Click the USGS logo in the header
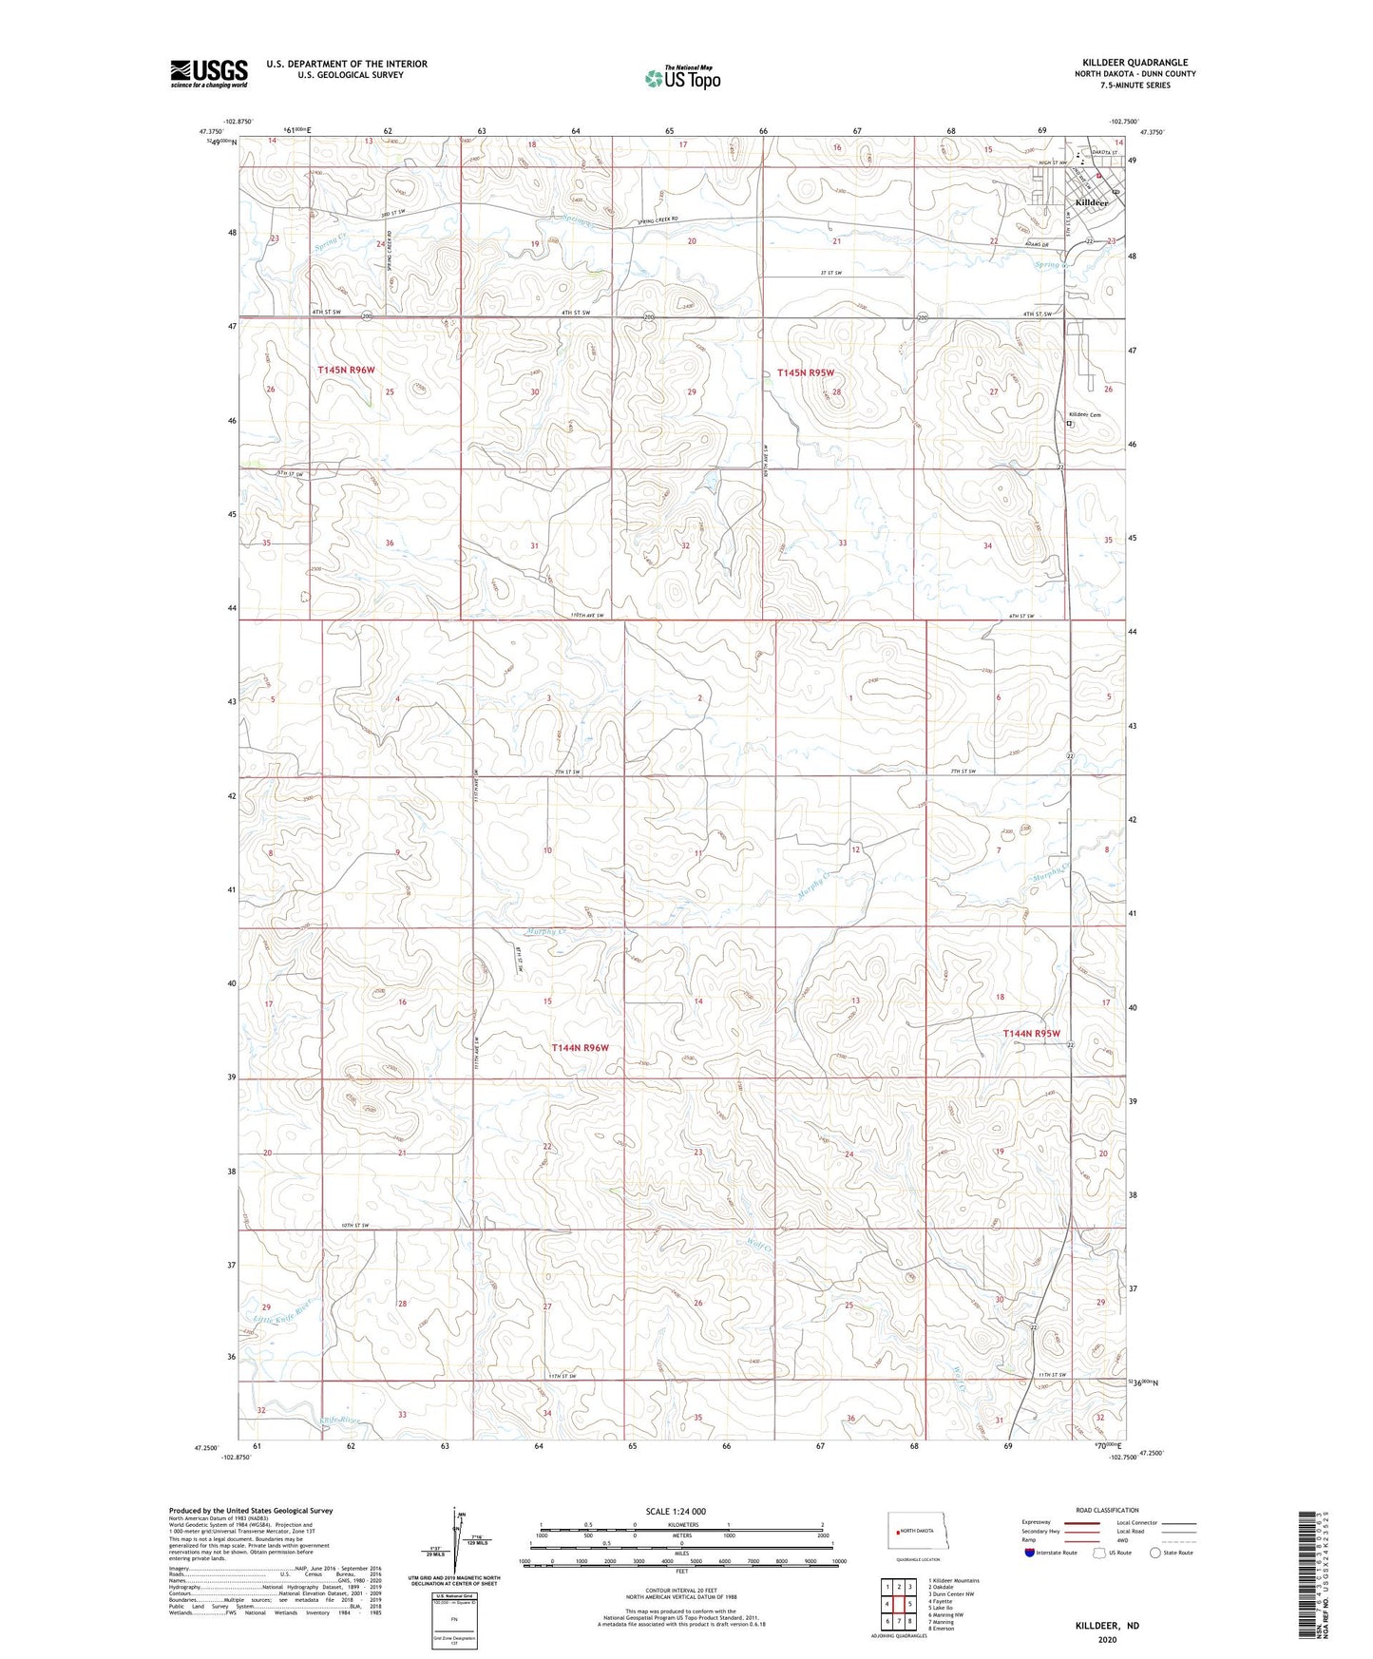click(x=209, y=73)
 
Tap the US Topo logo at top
click(x=682, y=78)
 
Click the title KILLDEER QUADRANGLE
click(x=1135, y=63)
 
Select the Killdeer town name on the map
click(x=1091, y=203)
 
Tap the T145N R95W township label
click(x=806, y=373)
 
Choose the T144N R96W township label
click(x=580, y=1047)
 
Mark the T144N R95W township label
click(x=1031, y=1033)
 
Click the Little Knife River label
click(x=283, y=1312)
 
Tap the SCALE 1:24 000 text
click(x=676, y=1511)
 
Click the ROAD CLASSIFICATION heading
click(x=1107, y=1510)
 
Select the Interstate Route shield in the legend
click(x=1031, y=1554)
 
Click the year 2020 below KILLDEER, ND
click(x=1107, y=1639)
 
